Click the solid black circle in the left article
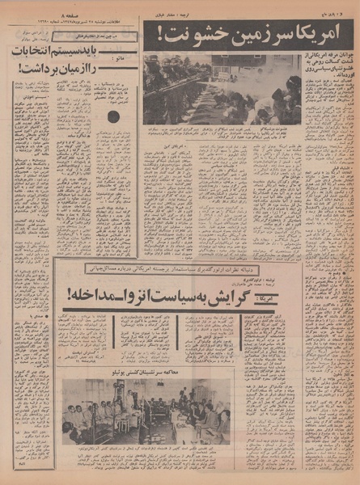tap(113, 117)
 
